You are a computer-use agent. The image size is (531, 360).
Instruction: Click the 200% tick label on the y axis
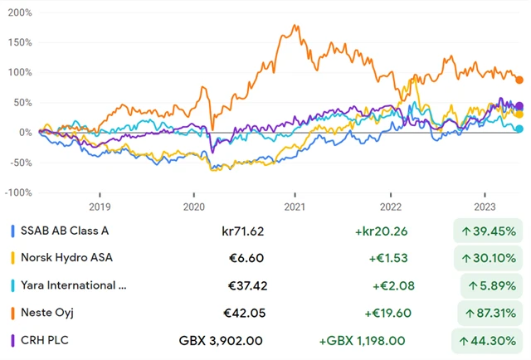(x=19, y=13)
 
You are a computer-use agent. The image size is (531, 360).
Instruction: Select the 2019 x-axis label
(x=99, y=206)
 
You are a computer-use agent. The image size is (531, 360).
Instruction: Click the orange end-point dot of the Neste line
(x=519, y=80)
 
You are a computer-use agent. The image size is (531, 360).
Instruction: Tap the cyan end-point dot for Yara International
(x=519, y=129)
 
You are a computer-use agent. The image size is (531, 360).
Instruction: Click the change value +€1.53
(x=389, y=257)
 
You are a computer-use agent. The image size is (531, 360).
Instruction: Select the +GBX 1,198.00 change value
(x=365, y=339)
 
